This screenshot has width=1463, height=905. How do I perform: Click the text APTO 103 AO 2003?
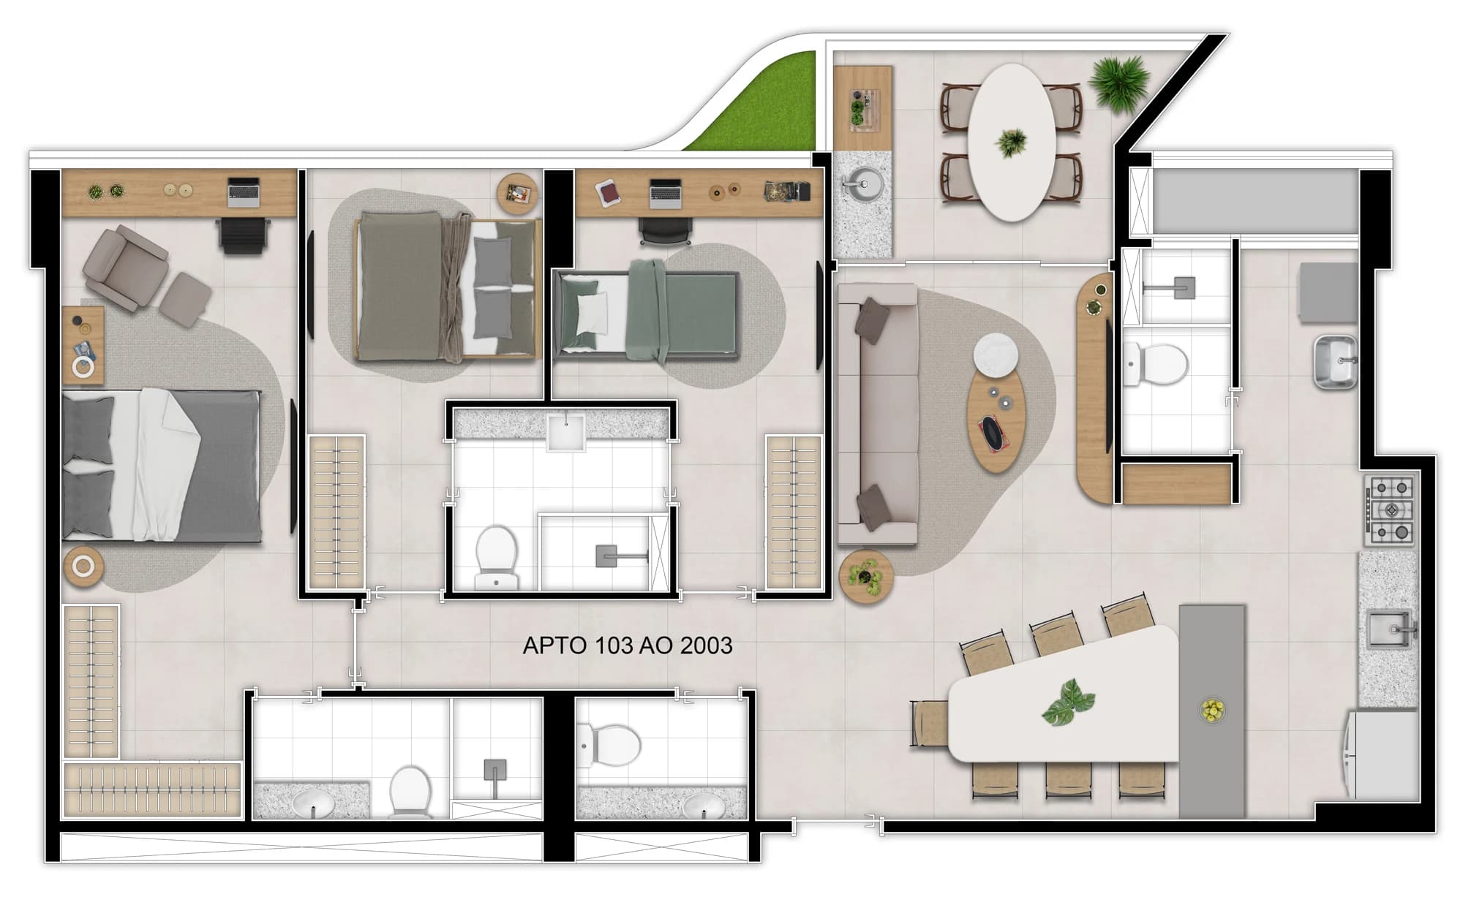coord(627,645)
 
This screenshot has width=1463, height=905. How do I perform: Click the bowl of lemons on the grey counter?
coord(1212,710)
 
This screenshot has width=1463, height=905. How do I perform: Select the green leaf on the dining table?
coord(1068,703)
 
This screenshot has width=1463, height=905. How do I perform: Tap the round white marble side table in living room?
coord(996,355)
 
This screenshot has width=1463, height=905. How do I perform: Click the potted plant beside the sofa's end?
coord(865,576)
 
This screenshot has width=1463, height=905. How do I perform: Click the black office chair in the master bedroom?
coord(244,235)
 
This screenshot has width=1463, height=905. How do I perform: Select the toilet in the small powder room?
coord(609,745)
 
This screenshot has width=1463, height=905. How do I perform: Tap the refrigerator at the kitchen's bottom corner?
coord(1381,754)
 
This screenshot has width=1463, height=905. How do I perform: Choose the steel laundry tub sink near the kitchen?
coord(1335,361)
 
